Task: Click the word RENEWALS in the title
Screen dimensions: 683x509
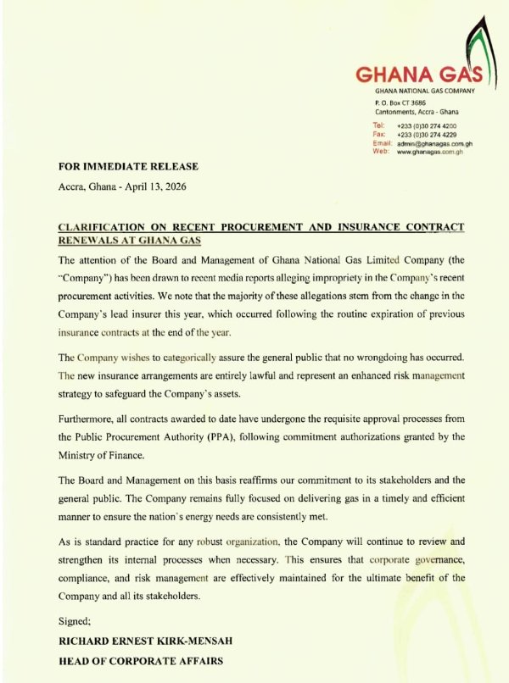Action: pos(89,242)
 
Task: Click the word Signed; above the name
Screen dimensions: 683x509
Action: pos(75,620)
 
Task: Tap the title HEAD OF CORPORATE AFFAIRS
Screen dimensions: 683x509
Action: pos(139,661)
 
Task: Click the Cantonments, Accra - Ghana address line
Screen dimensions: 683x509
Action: pos(416,112)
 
